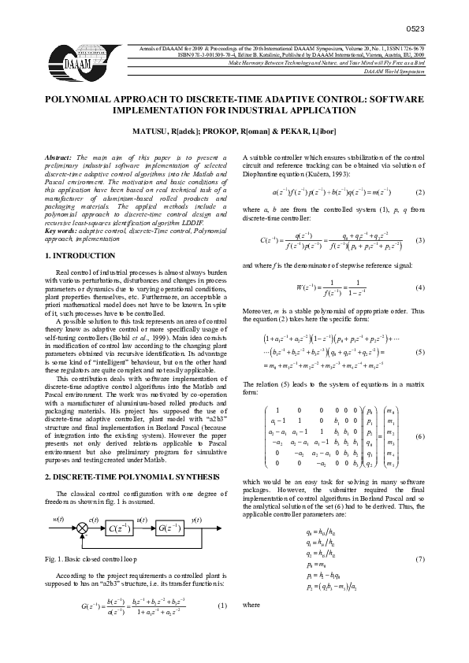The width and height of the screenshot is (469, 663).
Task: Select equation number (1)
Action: (221, 606)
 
